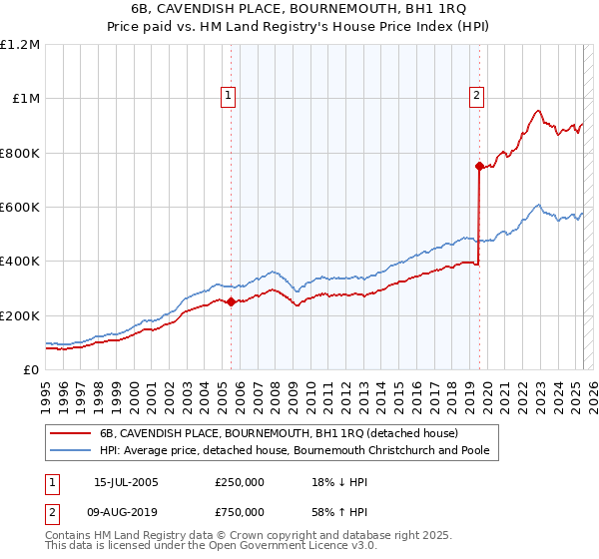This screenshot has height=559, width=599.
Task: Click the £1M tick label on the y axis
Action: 24,99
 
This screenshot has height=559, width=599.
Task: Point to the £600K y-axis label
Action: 20,208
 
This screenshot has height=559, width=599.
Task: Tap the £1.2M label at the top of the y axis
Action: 20,45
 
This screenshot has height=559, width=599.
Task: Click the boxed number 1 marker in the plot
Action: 230,96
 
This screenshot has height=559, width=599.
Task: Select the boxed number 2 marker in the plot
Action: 476,96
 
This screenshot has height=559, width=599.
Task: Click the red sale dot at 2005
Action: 231,301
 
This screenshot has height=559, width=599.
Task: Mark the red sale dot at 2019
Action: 479,167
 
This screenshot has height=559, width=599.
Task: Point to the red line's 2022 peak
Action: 538,111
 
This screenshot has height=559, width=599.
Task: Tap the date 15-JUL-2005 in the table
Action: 126,482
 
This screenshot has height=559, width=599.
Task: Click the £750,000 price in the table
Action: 240,512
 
